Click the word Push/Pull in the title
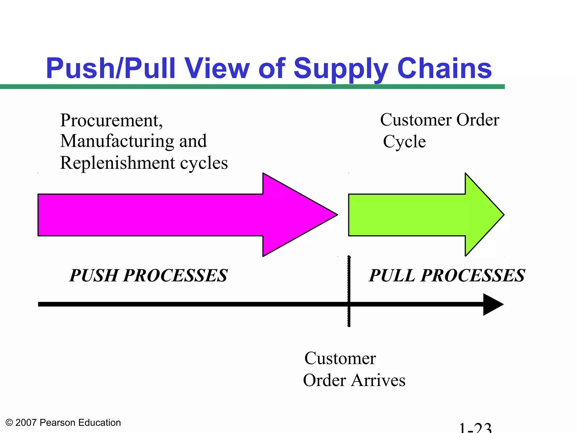point(111,69)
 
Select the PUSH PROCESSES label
point(148,275)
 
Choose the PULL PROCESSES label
point(447,275)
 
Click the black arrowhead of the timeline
point(493,304)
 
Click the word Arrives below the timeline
point(378,380)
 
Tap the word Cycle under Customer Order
point(404,142)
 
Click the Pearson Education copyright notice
point(63,423)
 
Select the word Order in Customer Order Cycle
point(478,120)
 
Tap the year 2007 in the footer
point(26,423)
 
